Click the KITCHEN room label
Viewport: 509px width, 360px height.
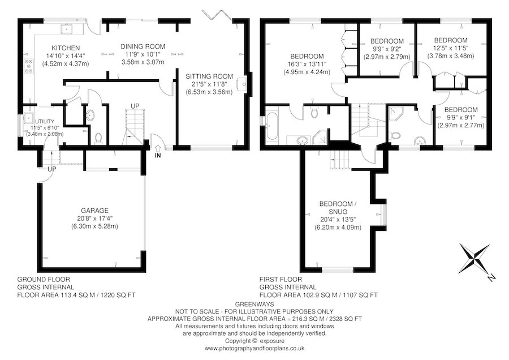coord(66,48)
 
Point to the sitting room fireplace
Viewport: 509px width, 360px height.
coord(244,84)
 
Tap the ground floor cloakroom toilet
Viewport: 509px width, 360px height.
coord(98,138)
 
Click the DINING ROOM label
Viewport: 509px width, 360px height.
coord(143,46)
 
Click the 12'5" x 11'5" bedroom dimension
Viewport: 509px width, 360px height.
coord(451,48)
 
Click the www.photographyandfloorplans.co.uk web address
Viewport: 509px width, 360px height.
coord(255,348)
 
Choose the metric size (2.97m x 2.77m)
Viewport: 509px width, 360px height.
coord(460,125)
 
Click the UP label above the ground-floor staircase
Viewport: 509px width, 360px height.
coord(135,106)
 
